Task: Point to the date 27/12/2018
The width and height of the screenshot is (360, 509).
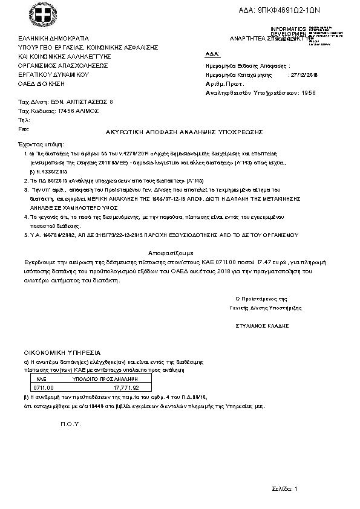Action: [304, 75]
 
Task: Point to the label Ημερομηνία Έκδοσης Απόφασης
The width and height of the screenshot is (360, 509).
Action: [247, 66]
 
